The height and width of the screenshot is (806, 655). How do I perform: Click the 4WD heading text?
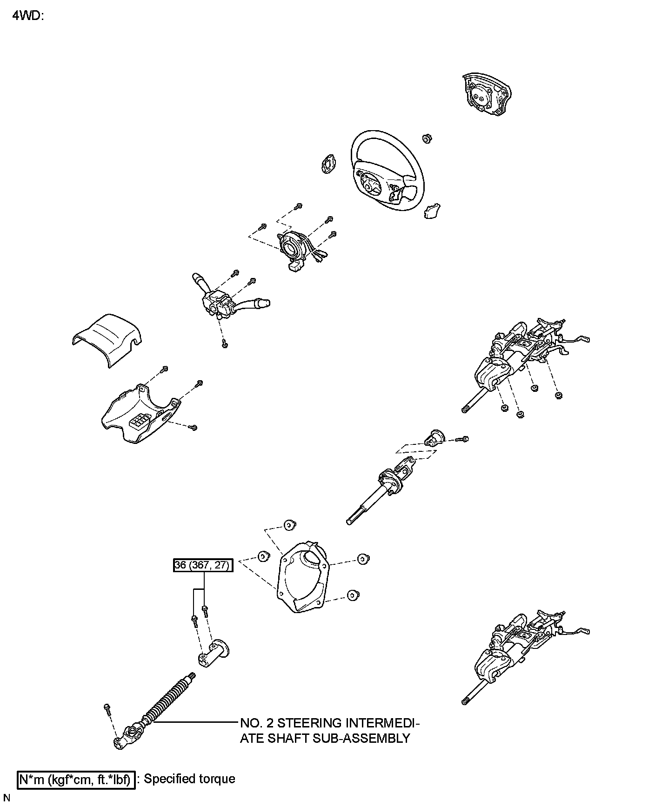click(x=27, y=16)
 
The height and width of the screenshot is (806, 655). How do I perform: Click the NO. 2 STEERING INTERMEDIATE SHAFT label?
click(x=329, y=730)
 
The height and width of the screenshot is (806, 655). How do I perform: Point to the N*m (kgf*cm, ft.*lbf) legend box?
click(x=77, y=780)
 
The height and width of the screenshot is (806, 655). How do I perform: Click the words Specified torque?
click(x=189, y=779)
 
